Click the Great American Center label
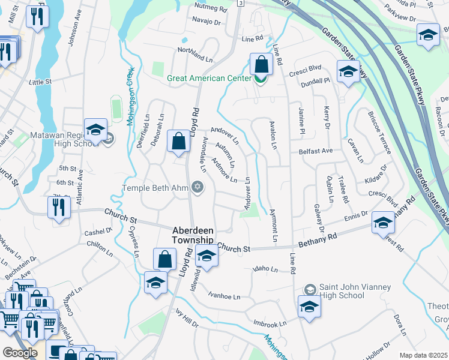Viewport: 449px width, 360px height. (x=209, y=79)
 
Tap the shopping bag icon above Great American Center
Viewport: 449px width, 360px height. (x=262, y=64)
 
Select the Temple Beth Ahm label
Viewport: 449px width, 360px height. (x=155, y=188)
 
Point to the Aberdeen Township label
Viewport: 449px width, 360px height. (x=192, y=235)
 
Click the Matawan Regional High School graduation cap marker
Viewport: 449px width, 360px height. (x=95, y=130)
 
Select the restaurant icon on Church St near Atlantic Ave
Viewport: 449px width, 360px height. (x=58, y=208)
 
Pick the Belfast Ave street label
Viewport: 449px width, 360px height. (x=316, y=152)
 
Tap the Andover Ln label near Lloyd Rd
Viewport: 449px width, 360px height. (x=225, y=137)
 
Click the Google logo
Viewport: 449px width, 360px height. (x=20, y=353)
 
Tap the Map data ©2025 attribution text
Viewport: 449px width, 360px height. (x=423, y=355)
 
